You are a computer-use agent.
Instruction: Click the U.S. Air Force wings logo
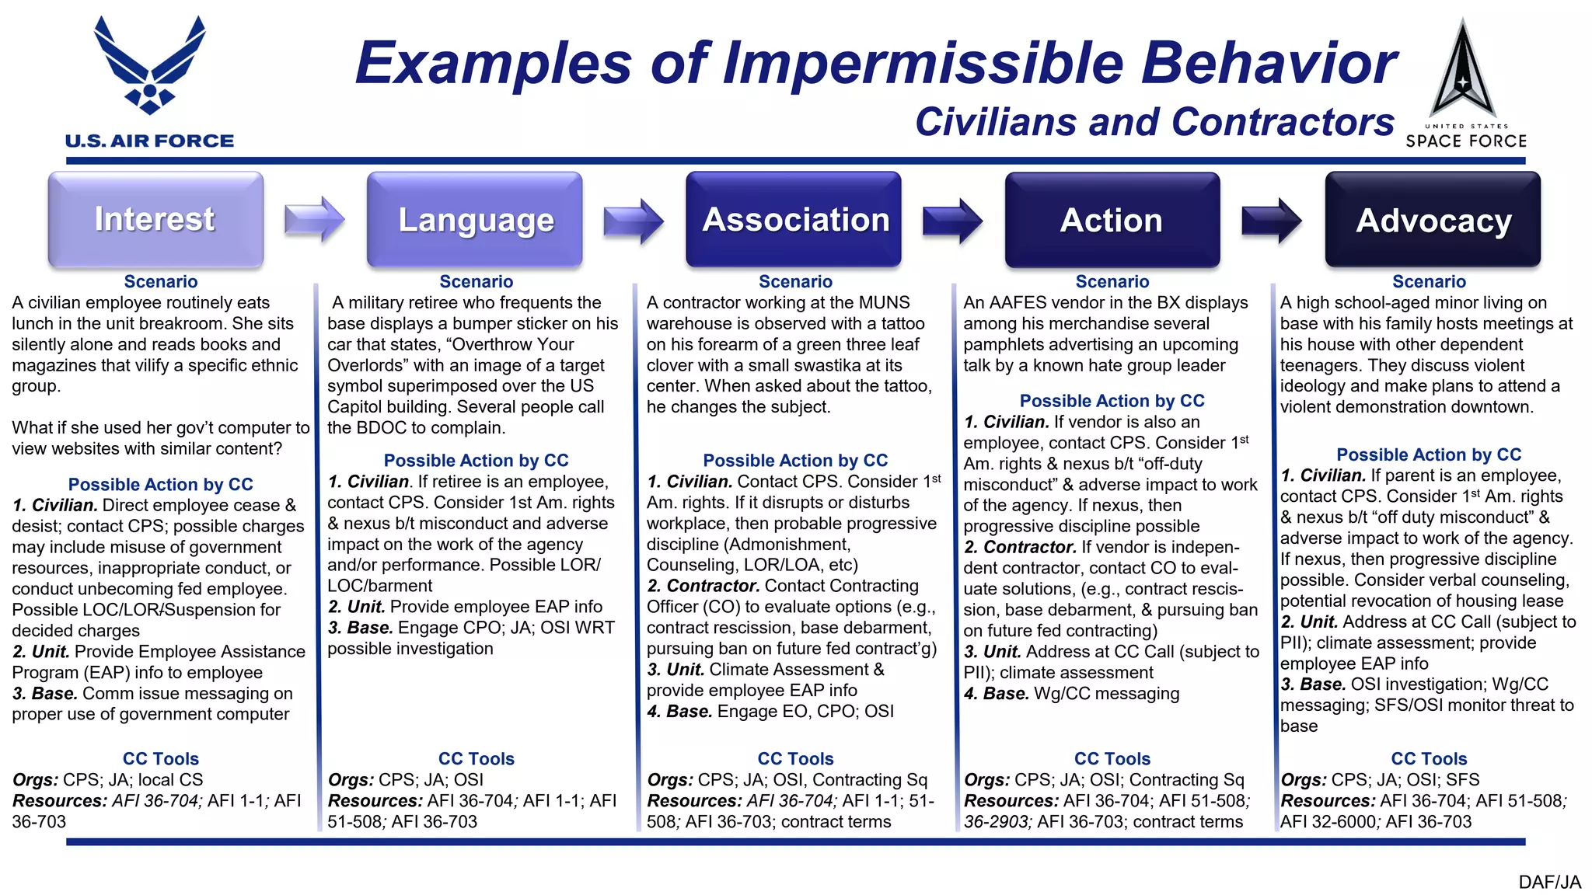click(149, 67)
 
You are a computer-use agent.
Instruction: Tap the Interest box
click(155, 220)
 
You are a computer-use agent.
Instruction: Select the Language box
click(475, 221)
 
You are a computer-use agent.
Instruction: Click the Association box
click(794, 221)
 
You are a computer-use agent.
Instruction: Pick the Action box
click(1112, 221)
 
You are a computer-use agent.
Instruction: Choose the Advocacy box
click(1433, 221)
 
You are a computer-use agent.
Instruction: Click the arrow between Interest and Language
click(314, 220)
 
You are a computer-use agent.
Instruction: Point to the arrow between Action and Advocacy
click(1271, 221)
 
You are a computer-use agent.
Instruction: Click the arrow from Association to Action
click(952, 221)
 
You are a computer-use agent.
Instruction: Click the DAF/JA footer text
click(1549, 882)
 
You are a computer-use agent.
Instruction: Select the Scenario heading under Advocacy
click(1429, 282)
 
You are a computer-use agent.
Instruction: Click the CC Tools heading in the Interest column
click(161, 759)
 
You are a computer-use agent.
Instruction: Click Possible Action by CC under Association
click(795, 461)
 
